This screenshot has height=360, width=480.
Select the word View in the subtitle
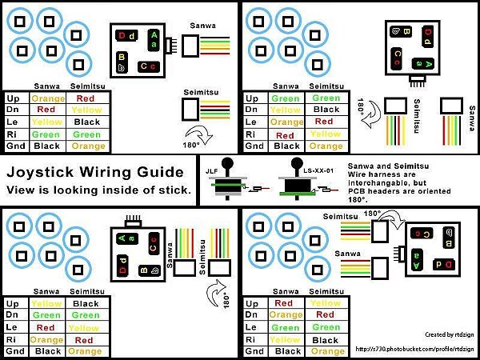point(22,190)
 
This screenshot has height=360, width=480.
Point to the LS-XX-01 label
point(300,170)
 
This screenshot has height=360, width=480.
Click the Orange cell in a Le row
point(287,122)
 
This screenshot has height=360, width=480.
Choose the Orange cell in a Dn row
point(287,315)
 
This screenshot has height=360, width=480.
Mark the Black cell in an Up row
point(86,304)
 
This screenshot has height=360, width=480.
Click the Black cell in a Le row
point(86,122)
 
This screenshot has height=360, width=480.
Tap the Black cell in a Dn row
point(326,110)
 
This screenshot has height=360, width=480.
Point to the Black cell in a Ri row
point(326,339)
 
